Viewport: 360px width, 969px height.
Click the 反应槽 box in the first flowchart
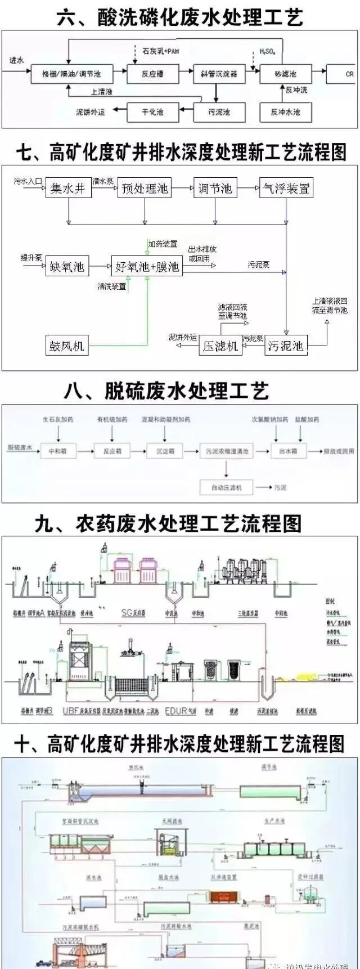pyautogui.click(x=151, y=74)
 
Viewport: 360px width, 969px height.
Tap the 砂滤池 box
pyautogui.click(x=285, y=74)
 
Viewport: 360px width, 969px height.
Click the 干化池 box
pyautogui.click(x=152, y=112)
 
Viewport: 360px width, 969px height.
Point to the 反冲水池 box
pyautogui.click(x=285, y=112)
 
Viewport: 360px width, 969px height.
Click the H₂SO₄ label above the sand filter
pyautogui.click(x=267, y=52)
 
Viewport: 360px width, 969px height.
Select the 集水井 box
pyautogui.click(x=67, y=189)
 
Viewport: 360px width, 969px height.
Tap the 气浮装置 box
pyautogui.click(x=286, y=189)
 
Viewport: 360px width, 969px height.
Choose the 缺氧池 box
pyautogui.click(x=67, y=266)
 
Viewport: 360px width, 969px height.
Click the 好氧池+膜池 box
pyautogui.click(x=147, y=266)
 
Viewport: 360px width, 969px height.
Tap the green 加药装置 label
pyautogui.click(x=163, y=244)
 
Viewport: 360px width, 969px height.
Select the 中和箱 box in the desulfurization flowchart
pyautogui.click(x=57, y=451)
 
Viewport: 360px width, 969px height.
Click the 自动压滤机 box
pyautogui.click(x=226, y=487)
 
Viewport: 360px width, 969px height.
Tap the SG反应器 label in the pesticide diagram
pyautogui.click(x=134, y=612)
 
